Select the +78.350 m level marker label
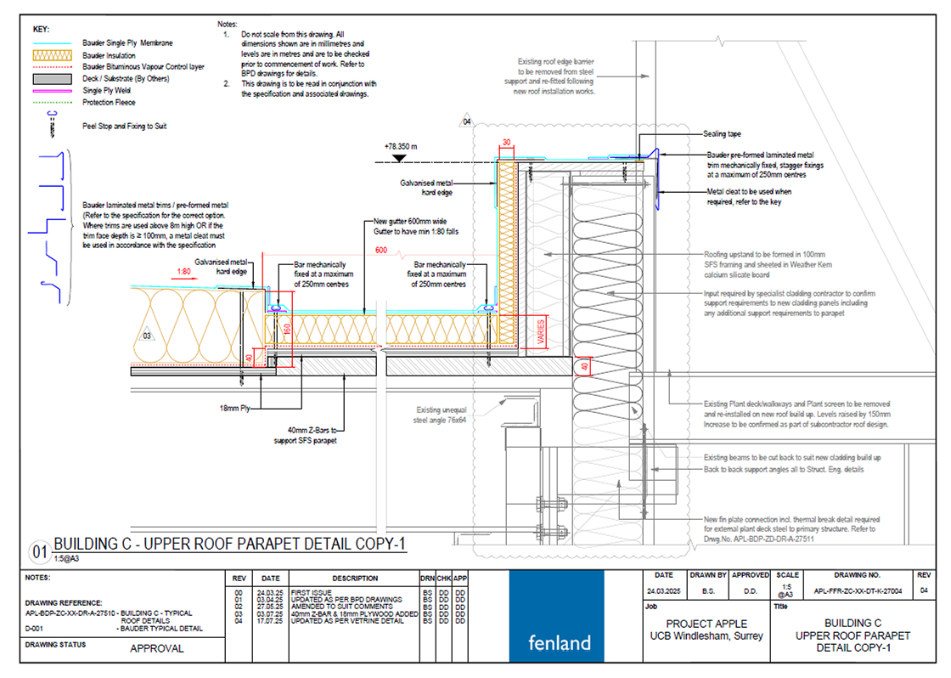(403, 146)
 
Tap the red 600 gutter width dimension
(380, 251)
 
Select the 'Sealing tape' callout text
(723, 134)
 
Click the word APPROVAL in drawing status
(156, 649)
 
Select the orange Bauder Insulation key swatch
(54, 55)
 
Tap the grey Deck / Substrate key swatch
(54, 79)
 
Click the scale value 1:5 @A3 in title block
(787, 589)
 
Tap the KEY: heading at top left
(41, 29)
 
